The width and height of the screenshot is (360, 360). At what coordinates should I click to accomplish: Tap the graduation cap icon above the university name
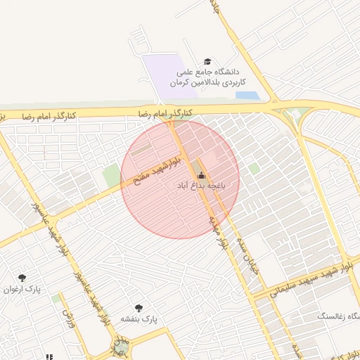(207, 62)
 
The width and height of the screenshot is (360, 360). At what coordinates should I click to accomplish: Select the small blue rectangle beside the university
(247, 96)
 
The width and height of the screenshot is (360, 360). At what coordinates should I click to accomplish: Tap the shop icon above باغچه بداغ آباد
(202, 175)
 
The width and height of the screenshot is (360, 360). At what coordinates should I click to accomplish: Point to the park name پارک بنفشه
(139, 319)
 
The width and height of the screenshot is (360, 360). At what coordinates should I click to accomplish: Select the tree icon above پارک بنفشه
(139, 308)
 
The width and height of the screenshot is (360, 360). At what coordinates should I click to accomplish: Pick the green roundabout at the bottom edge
(122, 347)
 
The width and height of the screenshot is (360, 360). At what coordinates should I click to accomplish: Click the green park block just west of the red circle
(111, 176)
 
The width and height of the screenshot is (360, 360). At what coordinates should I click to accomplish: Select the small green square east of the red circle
(254, 169)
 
